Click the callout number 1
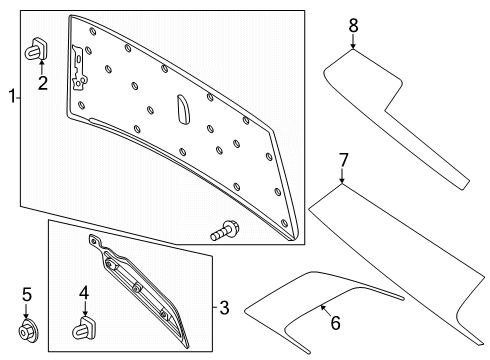pos(12,96)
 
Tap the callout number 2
pos(43,83)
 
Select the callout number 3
pos(224,307)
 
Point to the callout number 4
pos(84,293)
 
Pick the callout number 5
pos(27,295)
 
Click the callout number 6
pos(335,323)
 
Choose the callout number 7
pos(343,160)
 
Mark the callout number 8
pos(353,26)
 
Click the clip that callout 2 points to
pos(37,49)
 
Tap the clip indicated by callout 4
pos(83,328)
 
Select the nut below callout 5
pos(28,330)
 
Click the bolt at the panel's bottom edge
pos(224,230)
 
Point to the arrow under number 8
pos(353,41)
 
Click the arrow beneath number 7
pos(342,176)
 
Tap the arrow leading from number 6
pos(326,310)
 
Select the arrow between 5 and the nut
pos(26,311)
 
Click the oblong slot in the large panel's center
pos(183,109)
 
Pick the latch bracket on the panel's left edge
pos(79,69)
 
